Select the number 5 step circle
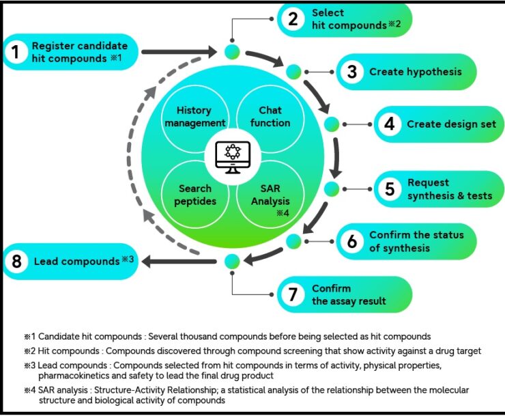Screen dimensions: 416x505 (x=389, y=189)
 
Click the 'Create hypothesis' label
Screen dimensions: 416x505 (x=415, y=72)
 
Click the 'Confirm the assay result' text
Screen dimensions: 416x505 (x=349, y=295)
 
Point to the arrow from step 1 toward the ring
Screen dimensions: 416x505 (x=181, y=51)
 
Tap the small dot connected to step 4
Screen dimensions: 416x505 (x=332, y=125)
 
